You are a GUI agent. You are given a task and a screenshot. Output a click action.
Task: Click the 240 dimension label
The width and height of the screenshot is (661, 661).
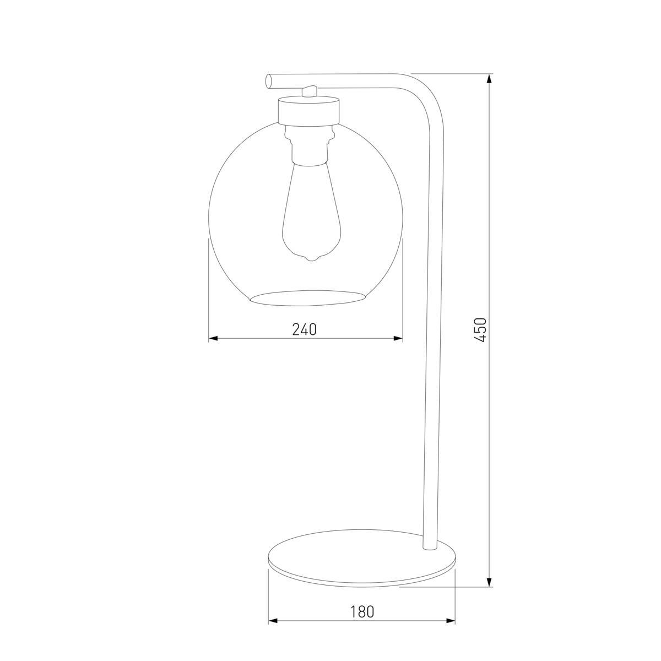[305, 329]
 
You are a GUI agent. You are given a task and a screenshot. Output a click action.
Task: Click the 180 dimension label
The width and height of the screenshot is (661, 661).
[362, 611]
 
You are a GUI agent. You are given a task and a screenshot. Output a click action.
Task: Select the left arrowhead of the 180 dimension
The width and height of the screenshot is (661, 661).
[273, 621]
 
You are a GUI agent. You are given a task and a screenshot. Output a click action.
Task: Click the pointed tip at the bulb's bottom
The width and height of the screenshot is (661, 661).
[312, 258]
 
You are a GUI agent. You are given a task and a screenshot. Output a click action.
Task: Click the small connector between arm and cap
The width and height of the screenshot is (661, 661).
[310, 91]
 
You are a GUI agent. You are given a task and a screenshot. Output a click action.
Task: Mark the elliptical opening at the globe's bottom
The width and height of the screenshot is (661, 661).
[308, 297]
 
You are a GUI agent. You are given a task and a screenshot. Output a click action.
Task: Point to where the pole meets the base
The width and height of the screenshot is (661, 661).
[429, 547]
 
